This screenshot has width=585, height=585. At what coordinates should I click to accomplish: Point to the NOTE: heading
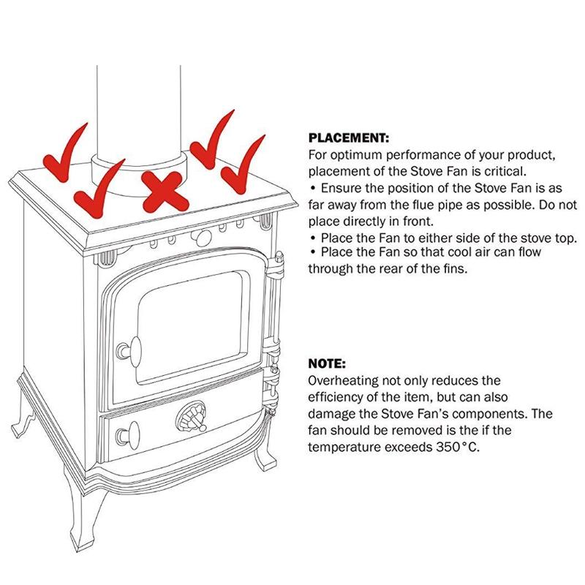click(x=327, y=363)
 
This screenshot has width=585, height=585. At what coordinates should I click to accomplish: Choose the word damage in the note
click(x=331, y=414)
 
